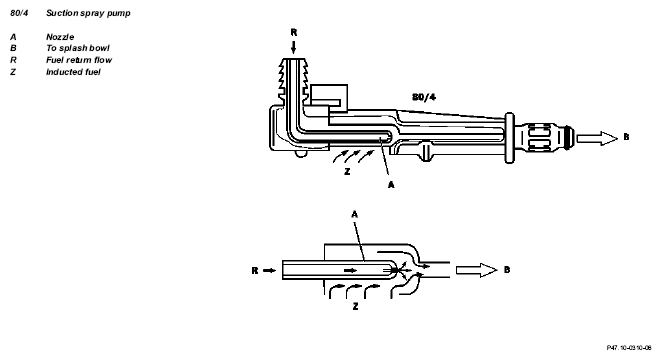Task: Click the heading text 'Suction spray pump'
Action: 88,13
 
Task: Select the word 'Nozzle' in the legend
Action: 60,37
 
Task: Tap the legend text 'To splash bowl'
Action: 78,48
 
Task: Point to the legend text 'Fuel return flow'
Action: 79,60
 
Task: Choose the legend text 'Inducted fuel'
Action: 73,72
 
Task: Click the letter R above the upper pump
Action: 294,32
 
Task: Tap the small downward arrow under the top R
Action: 294,46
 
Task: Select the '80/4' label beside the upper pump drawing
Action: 424,97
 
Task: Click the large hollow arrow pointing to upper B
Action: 597,138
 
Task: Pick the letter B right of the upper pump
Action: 626,137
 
